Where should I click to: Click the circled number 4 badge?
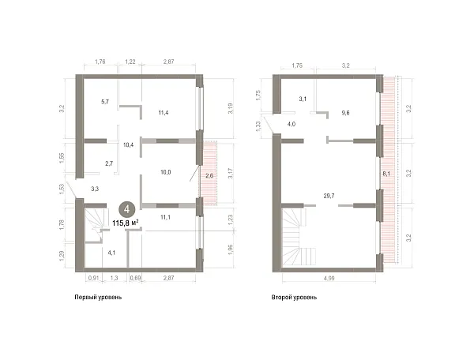coord(127,209)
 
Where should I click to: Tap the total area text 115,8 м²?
coord(126,223)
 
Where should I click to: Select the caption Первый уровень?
coord(98,297)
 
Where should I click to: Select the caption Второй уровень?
coord(294,297)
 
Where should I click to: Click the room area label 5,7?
coord(105,102)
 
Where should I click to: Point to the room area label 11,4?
coord(164,113)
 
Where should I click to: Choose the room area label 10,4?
coord(129,144)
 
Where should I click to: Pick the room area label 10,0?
coord(165,172)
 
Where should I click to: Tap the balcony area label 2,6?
coord(209,175)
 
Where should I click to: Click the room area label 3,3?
coord(95,189)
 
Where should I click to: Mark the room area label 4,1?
coord(111,253)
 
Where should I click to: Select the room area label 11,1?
coord(165,217)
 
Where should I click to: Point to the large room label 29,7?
coord(329,196)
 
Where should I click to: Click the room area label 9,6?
coord(345,113)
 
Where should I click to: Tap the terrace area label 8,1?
coord(386,174)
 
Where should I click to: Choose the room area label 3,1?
coord(303,99)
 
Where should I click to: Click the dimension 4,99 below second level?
coord(329,279)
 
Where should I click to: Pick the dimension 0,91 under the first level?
coord(93,279)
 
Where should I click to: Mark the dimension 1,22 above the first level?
coord(130,62)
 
